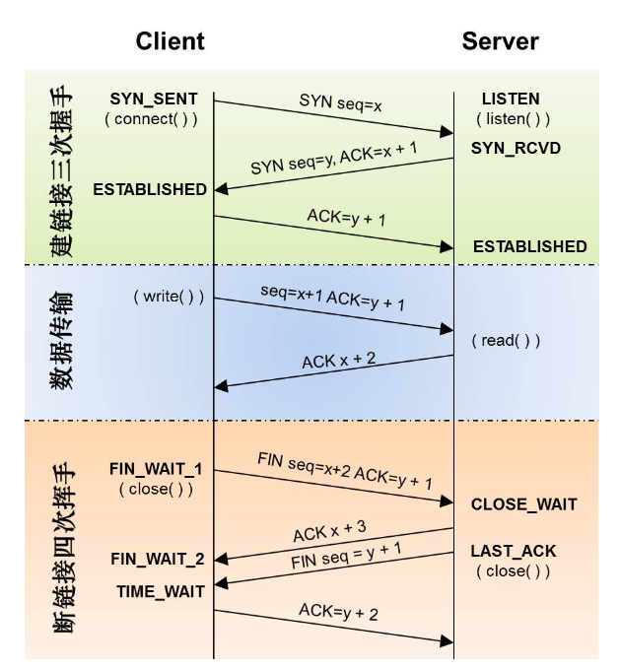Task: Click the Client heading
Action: click(170, 41)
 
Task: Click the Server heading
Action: click(500, 41)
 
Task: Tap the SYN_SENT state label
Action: click(154, 100)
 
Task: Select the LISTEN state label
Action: click(511, 100)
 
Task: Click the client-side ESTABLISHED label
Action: click(150, 189)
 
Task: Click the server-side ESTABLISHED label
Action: click(529, 246)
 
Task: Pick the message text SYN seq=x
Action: click(340, 102)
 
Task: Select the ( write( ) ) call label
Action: click(168, 296)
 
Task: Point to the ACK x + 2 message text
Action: click(338, 360)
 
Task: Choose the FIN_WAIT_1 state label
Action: click(156, 469)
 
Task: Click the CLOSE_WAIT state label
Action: click(523, 504)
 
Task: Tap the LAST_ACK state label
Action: click(513, 552)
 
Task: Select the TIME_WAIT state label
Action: click(161, 591)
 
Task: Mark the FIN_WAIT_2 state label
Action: click(158, 559)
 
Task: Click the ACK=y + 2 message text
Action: click(338, 613)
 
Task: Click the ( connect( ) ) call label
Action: click(151, 119)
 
